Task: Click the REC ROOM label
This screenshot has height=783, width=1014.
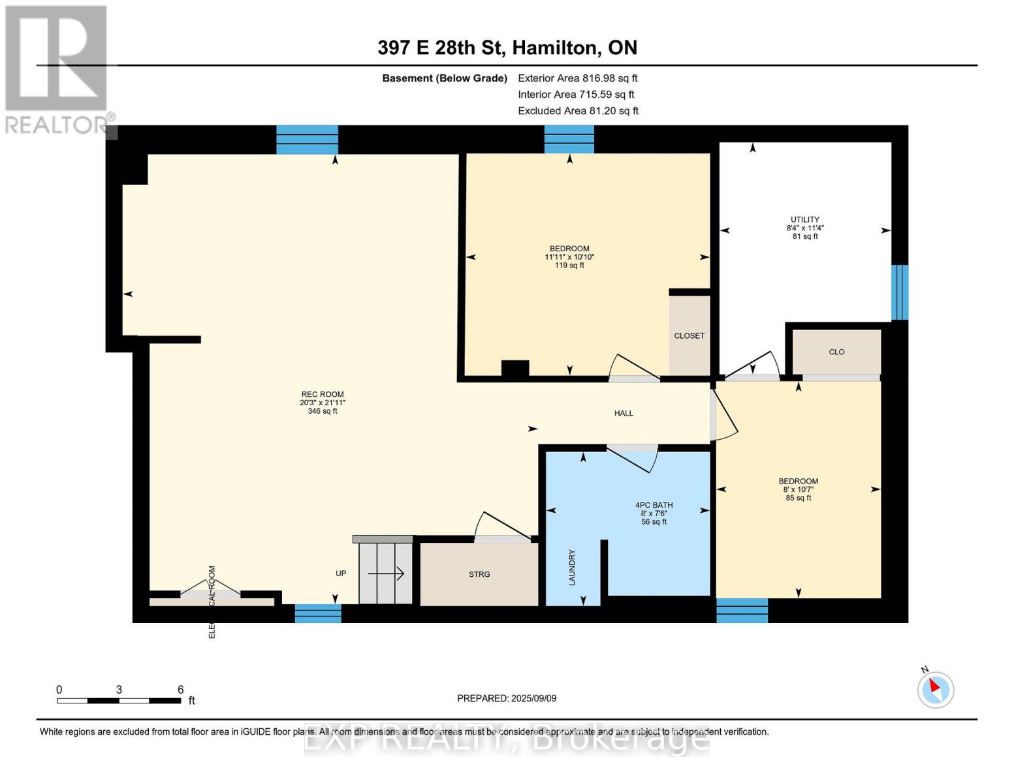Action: pos(322,394)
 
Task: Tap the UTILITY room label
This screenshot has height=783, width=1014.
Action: pos(804,220)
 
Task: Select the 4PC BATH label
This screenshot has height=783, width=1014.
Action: pos(654,505)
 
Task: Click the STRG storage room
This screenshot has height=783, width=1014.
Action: pos(479,574)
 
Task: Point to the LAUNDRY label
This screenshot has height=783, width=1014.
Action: pos(572,567)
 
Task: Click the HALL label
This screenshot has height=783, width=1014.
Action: pos(623,413)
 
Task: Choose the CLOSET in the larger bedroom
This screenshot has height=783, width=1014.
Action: pos(689,335)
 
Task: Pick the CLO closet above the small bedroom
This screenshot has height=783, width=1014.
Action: pos(836,352)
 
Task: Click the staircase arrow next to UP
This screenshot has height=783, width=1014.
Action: pos(386,574)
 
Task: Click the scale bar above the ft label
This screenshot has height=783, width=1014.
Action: pos(119,701)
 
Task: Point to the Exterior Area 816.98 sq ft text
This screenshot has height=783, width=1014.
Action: pos(577,78)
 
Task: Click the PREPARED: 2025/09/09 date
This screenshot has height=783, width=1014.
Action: pos(506,698)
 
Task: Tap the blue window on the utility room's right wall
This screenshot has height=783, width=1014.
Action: pos(899,292)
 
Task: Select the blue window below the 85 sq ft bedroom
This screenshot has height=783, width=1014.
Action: pos(742,610)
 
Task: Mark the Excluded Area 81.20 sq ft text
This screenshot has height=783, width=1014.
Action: pos(578,111)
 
